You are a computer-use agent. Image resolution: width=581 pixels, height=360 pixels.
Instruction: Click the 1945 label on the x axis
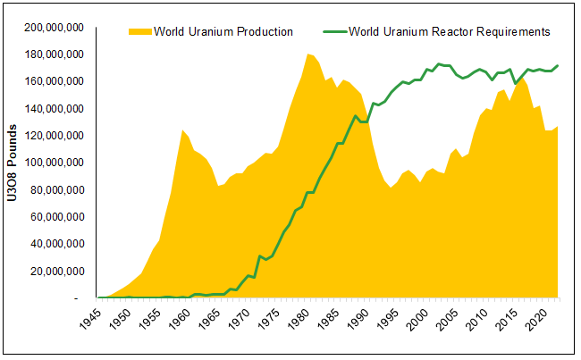pyautogui.click(x=103, y=322)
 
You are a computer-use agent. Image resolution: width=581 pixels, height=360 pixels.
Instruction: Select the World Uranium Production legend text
pyautogui.click(x=223, y=31)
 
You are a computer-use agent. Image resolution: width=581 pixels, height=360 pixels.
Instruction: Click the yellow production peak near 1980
pyautogui.click(x=308, y=54)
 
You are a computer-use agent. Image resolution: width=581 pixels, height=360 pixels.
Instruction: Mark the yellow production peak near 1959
pyautogui.click(x=182, y=130)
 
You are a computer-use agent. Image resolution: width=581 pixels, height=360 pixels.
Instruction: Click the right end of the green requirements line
pyautogui.click(x=559, y=65)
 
